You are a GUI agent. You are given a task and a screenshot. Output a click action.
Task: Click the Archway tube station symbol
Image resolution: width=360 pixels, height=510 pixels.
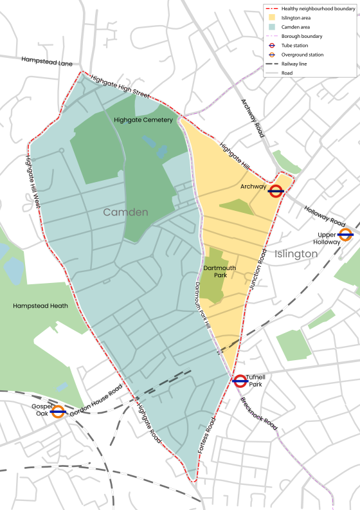point(276,190)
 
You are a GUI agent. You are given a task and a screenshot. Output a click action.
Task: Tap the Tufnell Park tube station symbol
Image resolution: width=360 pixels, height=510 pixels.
point(240,381)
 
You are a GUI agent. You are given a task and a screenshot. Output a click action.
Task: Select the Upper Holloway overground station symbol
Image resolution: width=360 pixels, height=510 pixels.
point(345,235)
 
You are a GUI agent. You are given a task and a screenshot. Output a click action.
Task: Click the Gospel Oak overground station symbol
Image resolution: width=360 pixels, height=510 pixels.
point(58,412)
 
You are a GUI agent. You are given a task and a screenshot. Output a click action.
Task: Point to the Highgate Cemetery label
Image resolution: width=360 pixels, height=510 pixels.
point(143,120)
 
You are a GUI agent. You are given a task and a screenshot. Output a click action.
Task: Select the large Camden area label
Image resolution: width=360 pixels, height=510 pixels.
point(126,212)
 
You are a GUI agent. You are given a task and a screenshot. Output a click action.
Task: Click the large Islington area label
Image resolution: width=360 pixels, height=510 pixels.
point(296,254)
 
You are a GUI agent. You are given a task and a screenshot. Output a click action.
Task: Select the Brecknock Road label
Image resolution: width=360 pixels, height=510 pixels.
point(261,412)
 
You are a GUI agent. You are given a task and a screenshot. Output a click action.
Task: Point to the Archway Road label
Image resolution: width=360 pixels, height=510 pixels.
point(252,118)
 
